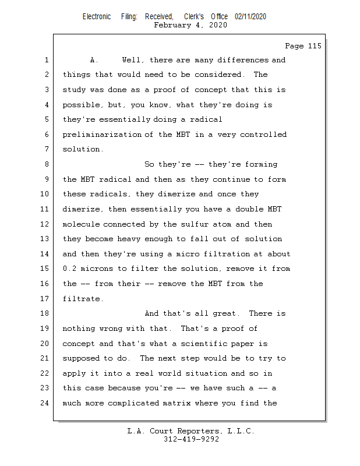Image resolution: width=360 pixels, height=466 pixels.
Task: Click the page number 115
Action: coord(315,46)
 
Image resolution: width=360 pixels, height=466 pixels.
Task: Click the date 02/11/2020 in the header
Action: coord(250,16)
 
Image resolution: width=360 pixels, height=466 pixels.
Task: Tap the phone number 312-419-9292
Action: coord(191,439)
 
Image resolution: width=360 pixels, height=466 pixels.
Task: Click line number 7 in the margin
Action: coord(47,149)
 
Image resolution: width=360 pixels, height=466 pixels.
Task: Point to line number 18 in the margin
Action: coord(44,313)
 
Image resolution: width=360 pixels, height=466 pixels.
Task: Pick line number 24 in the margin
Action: coord(44,403)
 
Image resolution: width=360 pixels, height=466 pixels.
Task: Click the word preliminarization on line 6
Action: coord(102,135)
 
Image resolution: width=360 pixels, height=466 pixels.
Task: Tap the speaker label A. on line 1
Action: coord(94,60)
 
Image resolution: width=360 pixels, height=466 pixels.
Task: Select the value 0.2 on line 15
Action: coord(69,269)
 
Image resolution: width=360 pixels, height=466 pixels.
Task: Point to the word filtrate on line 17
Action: coord(83,299)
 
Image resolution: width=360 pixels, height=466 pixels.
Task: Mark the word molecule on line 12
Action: coord(81,224)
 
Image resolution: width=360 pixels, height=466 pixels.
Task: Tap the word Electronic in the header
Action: coord(97,16)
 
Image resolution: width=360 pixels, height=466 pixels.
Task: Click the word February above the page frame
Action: coord(172,25)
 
